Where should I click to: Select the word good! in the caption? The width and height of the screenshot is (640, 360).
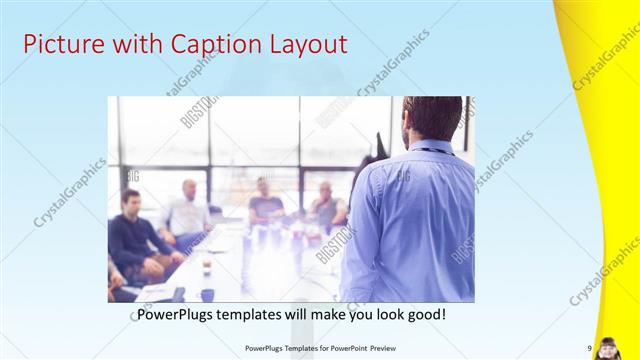[424, 314]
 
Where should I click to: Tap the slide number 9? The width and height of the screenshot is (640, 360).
[590, 348]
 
